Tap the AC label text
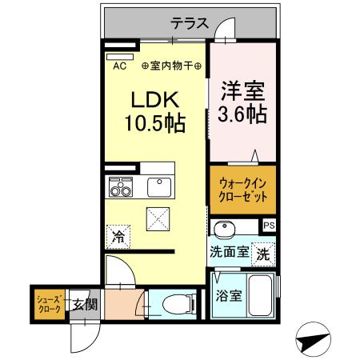click(x=119, y=66)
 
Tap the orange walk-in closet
click(x=242, y=189)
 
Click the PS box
click(x=269, y=226)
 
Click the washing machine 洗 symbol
click(x=262, y=254)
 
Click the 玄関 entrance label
click(x=85, y=304)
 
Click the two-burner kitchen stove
click(x=121, y=190)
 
